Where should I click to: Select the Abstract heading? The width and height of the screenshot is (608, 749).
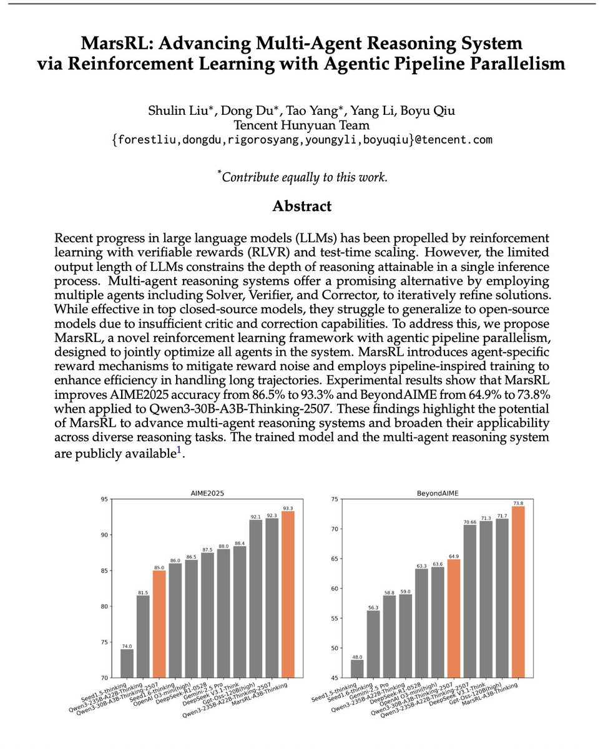(x=302, y=206)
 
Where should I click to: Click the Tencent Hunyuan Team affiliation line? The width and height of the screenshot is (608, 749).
(x=302, y=125)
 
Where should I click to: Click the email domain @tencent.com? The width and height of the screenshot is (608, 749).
(x=455, y=140)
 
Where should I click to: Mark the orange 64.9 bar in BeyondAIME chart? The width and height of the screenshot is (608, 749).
(x=454, y=618)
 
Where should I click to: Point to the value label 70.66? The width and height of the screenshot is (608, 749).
(x=470, y=521)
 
